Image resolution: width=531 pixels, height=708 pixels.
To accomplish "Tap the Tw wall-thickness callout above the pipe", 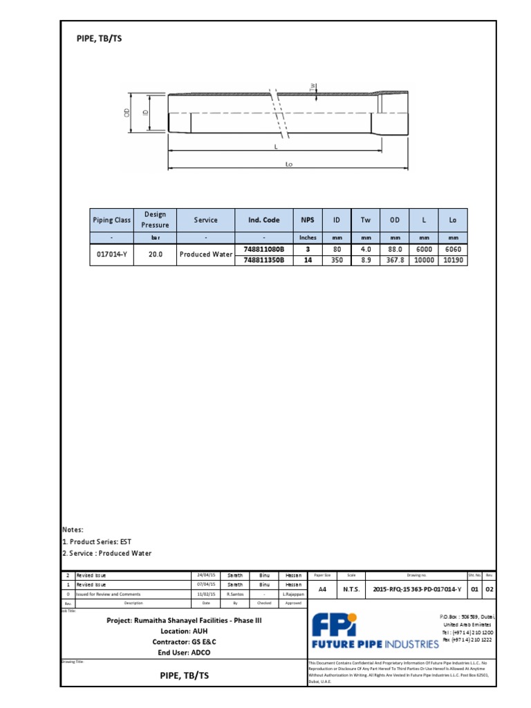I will tap(313, 86).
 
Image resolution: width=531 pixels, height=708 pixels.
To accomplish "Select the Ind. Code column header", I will tap(264, 220).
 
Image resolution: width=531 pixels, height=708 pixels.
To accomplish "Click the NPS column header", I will tap(308, 220).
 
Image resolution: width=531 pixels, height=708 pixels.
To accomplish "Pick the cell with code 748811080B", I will tap(264, 249).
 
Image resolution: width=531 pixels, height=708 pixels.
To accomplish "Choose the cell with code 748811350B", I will tap(264, 260).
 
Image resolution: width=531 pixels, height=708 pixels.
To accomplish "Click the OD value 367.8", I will tap(395, 260).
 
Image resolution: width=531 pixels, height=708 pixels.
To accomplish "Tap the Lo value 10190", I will tap(453, 260).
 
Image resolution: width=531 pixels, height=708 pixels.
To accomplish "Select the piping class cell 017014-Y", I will tap(111, 254).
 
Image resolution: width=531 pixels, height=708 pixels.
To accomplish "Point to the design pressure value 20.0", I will tap(155, 254).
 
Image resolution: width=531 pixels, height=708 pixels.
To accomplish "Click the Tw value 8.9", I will tap(366, 260).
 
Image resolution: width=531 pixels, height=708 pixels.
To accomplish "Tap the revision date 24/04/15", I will tap(206, 575).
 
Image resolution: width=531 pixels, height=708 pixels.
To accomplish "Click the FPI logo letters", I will tap(334, 626).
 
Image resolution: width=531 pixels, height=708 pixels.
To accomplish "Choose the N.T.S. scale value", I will tap(351, 590).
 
